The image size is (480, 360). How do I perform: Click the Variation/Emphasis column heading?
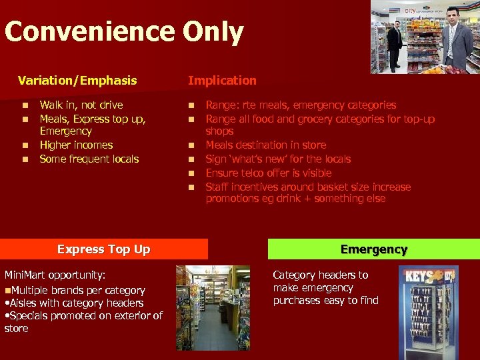pos(77,81)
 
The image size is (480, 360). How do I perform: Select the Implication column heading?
pos(222,81)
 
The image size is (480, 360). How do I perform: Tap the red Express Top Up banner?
pos(104,249)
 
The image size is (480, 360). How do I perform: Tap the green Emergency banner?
pos(373,249)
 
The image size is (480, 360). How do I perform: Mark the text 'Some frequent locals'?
pos(89,159)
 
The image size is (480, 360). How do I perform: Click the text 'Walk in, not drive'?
pos(81,105)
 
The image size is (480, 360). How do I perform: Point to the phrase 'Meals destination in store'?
pos(266,145)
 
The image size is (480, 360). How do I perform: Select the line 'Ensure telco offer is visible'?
pos(269,173)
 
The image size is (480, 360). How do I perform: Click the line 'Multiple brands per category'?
pos(77,290)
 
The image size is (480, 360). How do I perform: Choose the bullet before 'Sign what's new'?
pos(191,159)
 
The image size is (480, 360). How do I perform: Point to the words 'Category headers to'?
pos(321,275)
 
